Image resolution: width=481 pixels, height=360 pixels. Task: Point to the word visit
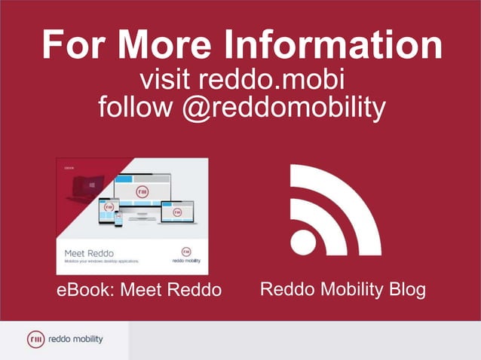(170, 81)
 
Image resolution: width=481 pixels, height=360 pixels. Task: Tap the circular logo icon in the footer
(35, 340)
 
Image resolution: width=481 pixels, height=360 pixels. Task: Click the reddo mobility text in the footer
(75, 340)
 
